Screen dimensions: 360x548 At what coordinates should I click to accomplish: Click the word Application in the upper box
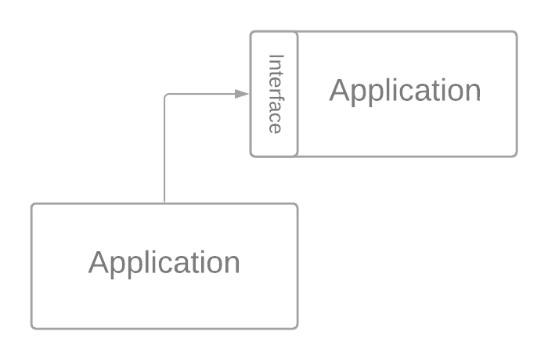[x=405, y=91]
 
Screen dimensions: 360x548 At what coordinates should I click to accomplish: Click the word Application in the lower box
[x=164, y=262]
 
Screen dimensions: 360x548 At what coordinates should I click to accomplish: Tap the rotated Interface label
[x=275, y=94]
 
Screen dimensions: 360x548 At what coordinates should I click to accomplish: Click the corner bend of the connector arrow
[x=165, y=95]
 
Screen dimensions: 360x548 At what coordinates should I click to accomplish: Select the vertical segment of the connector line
[x=165, y=149]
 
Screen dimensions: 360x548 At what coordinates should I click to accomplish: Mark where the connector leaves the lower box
[x=165, y=203]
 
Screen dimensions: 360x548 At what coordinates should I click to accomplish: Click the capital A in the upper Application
[x=339, y=91]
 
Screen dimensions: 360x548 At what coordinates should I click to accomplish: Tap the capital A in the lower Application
[x=98, y=262]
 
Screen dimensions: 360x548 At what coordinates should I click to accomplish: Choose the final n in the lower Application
[x=233, y=265]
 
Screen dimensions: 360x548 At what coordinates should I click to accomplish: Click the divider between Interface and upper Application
[x=297, y=94]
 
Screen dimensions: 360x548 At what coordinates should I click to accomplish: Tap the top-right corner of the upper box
[x=516, y=32]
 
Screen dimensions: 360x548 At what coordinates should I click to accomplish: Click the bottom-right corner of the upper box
[x=516, y=156]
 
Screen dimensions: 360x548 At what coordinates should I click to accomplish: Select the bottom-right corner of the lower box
[x=297, y=327]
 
